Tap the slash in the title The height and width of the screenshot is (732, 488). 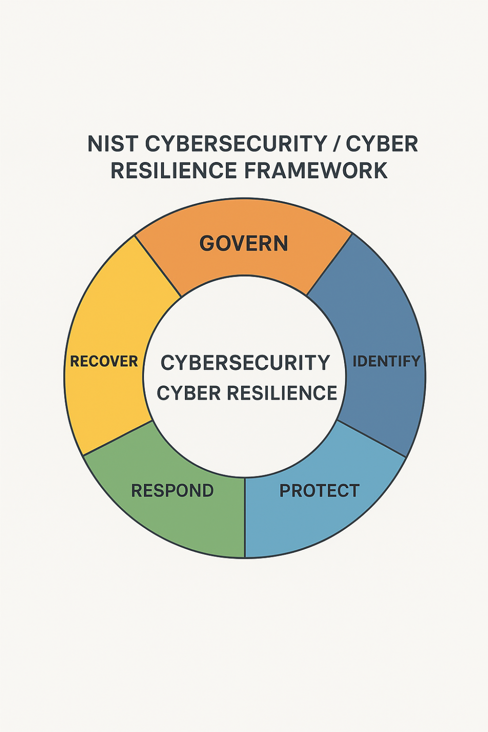pyautogui.click(x=337, y=144)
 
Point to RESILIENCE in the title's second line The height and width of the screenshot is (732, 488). pyautogui.click(x=174, y=171)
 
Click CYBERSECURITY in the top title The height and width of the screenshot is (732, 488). pyautogui.click(x=237, y=144)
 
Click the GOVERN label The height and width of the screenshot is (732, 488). pyautogui.click(x=244, y=244)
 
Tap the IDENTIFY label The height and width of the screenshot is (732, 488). pyautogui.click(x=386, y=361)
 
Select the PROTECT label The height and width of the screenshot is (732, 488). pyautogui.click(x=319, y=490)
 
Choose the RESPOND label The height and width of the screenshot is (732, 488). pyautogui.click(x=172, y=490)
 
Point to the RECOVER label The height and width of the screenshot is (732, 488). pyautogui.click(x=104, y=361)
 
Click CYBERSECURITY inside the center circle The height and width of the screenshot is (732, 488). pyautogui.click(x=245, y=363)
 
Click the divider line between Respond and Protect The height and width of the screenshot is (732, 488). pyautogui.click(x=244, y=517)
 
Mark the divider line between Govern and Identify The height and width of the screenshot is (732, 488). pyautogui.click(x=329, y=264)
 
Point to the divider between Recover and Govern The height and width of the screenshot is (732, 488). pyautogui.click(x=158, y=266)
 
